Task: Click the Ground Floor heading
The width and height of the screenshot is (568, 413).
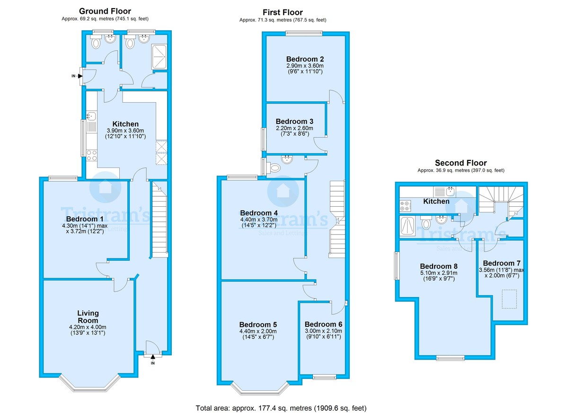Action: (105, 11)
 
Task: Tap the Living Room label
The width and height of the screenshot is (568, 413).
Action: (88, 316)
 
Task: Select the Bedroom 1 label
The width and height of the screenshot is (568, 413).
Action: (85, 219)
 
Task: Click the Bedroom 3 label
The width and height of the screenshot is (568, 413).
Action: (294, 121)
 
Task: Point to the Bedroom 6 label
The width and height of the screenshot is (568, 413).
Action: (323, 324)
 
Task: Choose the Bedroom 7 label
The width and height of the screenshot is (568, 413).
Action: (502, 263)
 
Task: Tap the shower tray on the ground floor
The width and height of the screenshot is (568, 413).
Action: (158, 56)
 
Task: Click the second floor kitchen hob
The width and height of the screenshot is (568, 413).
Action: (406, 205)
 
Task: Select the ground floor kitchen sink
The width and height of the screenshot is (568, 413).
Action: (91, 116)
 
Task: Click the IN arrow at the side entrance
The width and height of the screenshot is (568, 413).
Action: (80, 76)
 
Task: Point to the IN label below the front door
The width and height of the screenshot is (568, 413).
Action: (152, 363)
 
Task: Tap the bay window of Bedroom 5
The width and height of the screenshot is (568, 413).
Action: (260, 389)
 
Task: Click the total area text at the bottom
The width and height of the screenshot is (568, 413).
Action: (281, 407)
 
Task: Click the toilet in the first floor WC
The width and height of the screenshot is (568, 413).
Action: (274, 167)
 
